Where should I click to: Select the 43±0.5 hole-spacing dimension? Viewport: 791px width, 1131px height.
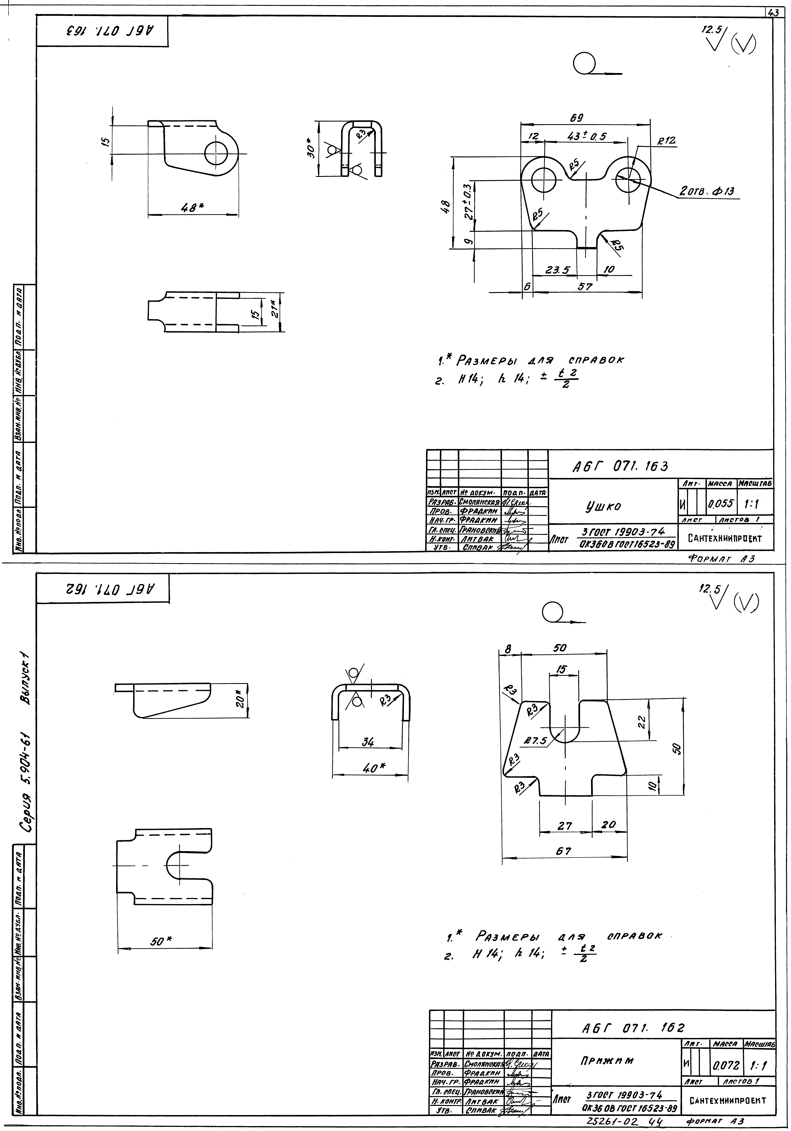coord(586,136)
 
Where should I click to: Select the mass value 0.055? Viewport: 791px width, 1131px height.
coord(720,504)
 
